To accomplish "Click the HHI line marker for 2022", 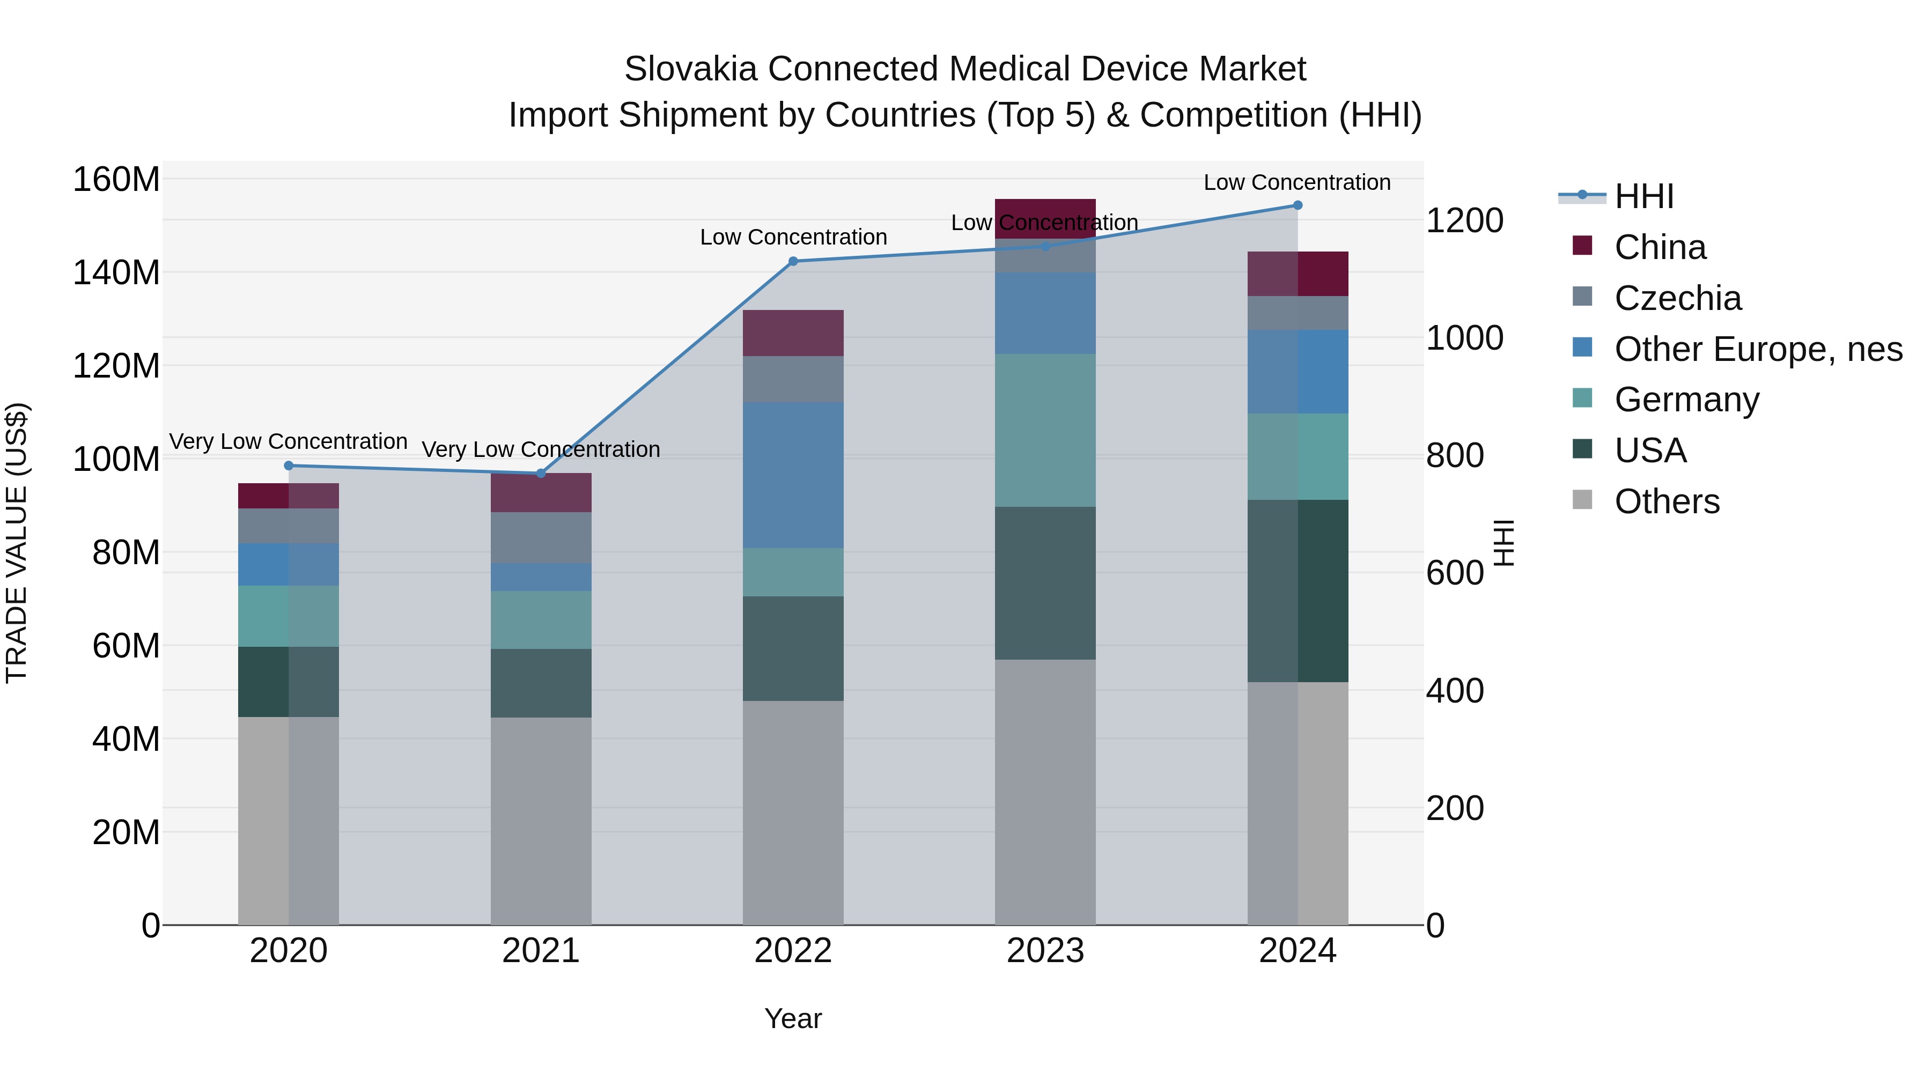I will click(x=793, y=261).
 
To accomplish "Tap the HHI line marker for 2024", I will click(x=1298, y=205).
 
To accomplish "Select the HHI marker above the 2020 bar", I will click(x=289, y=466).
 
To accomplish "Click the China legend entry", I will click(x=1660, y=247).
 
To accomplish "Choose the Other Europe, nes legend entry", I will click(x=1758, y=349).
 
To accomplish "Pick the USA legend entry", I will click(x=1650, y=450).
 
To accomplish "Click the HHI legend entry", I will click(x=1644, y=196).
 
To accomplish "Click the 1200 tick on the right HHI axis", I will click(x=1464, y=221).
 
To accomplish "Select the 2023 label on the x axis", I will click(x=1045, y=951).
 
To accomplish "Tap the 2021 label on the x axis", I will click(x=541, y=951).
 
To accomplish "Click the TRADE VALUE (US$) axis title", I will click(x=17, y=543).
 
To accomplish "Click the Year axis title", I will click(x=793, y=1018).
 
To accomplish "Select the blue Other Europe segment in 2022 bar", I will click(x=793, y=475).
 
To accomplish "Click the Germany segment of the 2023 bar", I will click(x=1045, y=430).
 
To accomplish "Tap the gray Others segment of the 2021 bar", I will click(x=541, y=821).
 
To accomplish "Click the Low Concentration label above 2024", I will click(x=1297, y=182).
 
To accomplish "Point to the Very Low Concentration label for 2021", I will click(x=541, y=450).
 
